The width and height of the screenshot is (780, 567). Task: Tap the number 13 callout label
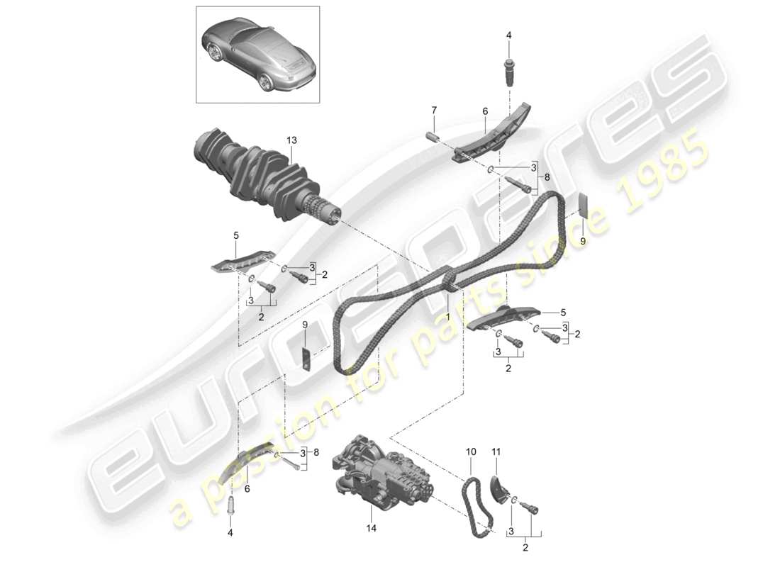(x=291, y=141)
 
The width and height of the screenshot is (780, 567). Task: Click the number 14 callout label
(x=371, y=529)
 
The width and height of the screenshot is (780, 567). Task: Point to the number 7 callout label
(x=434, y=109)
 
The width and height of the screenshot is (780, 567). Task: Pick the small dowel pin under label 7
(x=433, y=136)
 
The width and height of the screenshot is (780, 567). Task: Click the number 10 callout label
(x=471, y=451)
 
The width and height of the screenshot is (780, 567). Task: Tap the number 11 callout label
(x=496, y=451)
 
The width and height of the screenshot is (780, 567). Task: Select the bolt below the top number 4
(x=509, y=72)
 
